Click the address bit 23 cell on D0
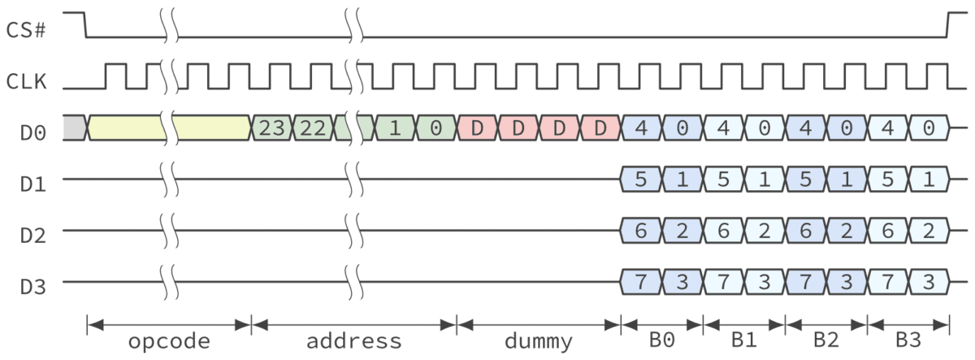(271, 128)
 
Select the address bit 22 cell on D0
(312, 128)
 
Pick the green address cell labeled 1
(395, 128)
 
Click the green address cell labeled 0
(436, 128)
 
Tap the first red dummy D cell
(478, 128)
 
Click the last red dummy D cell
(600, 128)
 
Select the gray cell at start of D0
(74, 128)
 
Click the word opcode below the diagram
(169, 340)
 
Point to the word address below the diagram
(353, 340)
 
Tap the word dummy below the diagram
(539, 340)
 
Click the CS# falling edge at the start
(85, 25)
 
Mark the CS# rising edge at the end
(947, 25)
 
